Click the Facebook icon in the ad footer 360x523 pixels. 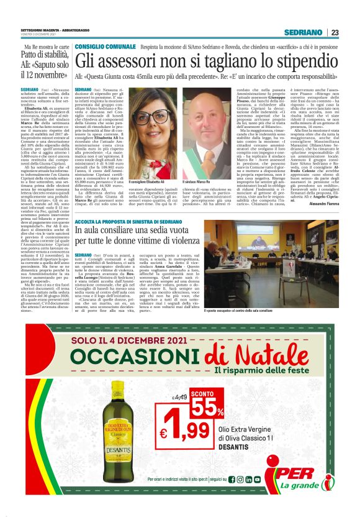pos(232,497)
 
